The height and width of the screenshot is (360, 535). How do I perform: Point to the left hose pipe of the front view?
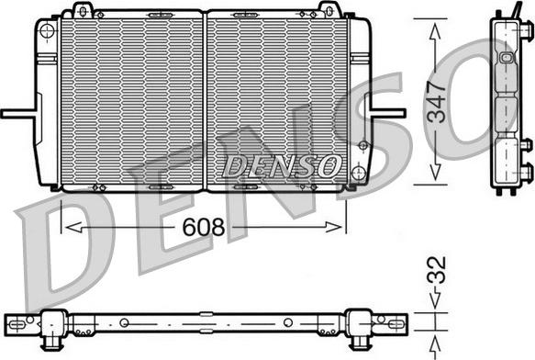18,114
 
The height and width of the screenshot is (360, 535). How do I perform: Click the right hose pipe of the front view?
387,114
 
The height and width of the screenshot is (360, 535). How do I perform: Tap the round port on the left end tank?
46,28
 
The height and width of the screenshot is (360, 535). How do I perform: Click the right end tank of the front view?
357,101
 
